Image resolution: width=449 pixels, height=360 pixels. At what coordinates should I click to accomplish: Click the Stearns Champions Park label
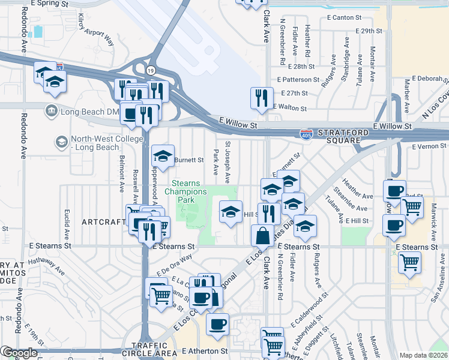[x=189, y=191]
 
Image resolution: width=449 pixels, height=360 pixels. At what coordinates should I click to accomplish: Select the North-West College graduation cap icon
[x=61, y=142]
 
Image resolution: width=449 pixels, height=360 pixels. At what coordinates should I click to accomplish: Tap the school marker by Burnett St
[x=163, y=156]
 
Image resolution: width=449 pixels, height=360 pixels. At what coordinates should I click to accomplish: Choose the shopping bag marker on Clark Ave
[x=263, y=235]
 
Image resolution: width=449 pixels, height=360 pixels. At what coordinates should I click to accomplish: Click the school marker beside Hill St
[x=231, y=212]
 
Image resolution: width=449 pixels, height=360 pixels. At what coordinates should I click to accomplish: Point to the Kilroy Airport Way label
[x=96, y=31]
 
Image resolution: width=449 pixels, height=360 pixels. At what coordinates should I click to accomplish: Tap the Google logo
[x=19, y=353]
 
